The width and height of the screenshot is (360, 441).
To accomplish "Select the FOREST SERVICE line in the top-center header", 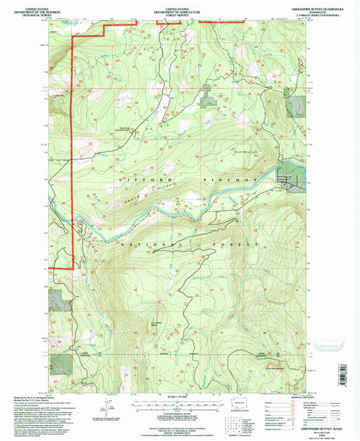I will click(x=180, y=11).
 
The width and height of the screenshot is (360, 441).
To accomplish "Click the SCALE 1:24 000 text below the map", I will click(x=180, y=394).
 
